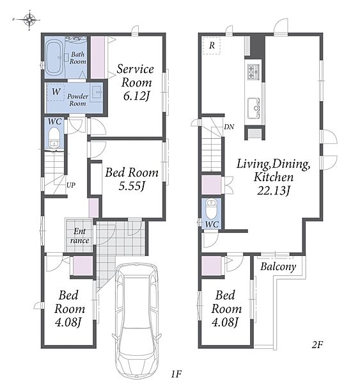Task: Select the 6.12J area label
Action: pos(136,96)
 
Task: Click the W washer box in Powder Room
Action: pos(56,92)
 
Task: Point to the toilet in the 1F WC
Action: pos(54,138)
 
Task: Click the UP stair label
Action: pos(71,185)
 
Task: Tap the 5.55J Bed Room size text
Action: pos(132,186)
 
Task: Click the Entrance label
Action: pos(79,236)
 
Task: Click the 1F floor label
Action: pos(176,374)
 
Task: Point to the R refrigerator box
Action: pos(212,45)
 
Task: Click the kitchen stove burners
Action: pos(253,72)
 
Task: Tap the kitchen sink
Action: pos(254,108)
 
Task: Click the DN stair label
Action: pos(229,127)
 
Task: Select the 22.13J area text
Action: pos(273,191)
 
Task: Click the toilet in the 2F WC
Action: pos(211,209)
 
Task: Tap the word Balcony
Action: pos(278,266)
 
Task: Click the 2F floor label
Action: pos(317,345)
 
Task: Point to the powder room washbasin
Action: pos(98,92)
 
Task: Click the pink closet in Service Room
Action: pos(98,57)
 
